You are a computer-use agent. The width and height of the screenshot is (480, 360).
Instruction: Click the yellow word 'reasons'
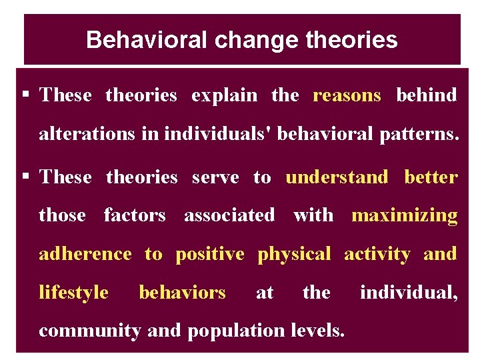coord(347,95)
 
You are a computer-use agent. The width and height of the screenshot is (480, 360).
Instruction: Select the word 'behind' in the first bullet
coord(427,95)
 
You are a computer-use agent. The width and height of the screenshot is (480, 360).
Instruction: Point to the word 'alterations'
coord(87,133)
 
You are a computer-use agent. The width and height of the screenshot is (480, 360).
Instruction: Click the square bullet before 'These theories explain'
coord(27,95)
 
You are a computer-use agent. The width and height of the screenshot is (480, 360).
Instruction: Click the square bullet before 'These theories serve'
coord(27,177)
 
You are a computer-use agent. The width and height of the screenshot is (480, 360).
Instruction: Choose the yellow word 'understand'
coord(337,177)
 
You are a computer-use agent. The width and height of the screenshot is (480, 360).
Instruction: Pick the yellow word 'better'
coord(431,177)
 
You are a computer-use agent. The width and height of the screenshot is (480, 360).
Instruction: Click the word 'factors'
coord(135,215)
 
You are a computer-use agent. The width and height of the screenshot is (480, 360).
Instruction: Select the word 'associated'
coord(229,215)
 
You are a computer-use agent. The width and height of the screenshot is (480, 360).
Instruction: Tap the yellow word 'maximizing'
coord(405,215)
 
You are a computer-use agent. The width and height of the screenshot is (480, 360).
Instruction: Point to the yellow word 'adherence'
coord(85,254)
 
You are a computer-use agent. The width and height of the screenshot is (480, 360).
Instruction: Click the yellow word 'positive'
coord(210,254)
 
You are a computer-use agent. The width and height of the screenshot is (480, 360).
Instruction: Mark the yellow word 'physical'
coord(294,254)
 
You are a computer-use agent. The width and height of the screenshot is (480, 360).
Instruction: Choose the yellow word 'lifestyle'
coord(73,293)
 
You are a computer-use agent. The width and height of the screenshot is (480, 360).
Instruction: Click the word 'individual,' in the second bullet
coord(409,293)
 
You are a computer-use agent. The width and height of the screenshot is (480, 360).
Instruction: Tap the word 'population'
coord(231,331)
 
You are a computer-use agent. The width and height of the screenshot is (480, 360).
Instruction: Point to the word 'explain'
coord(224,95)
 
